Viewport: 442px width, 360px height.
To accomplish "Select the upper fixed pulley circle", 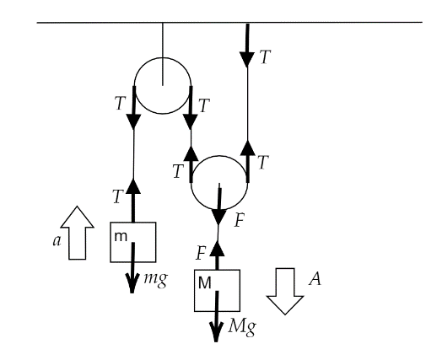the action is click(163, 58).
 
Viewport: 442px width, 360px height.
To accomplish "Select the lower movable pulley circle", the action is click(219, 209).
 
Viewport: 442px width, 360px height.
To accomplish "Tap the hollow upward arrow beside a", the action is click(77, 233).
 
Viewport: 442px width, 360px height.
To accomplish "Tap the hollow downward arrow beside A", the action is click(285, 291).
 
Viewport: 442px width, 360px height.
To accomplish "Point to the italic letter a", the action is click(57, 241).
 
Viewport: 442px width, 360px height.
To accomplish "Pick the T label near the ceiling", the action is click(265, 57).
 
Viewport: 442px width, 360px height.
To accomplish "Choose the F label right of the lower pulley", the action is click(239, 220).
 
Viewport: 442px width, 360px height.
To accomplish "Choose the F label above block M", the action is click(201, 253).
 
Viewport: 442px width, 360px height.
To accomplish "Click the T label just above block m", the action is click(118, 196).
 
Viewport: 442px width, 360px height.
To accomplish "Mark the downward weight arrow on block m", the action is click(132, 267).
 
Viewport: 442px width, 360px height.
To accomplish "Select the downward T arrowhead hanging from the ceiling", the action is click(247, 60).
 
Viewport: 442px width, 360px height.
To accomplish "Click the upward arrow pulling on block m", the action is click(133, 201).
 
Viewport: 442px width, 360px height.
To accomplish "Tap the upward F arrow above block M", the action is click(217, 255).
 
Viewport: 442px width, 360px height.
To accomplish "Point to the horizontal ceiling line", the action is click(229, 22).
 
